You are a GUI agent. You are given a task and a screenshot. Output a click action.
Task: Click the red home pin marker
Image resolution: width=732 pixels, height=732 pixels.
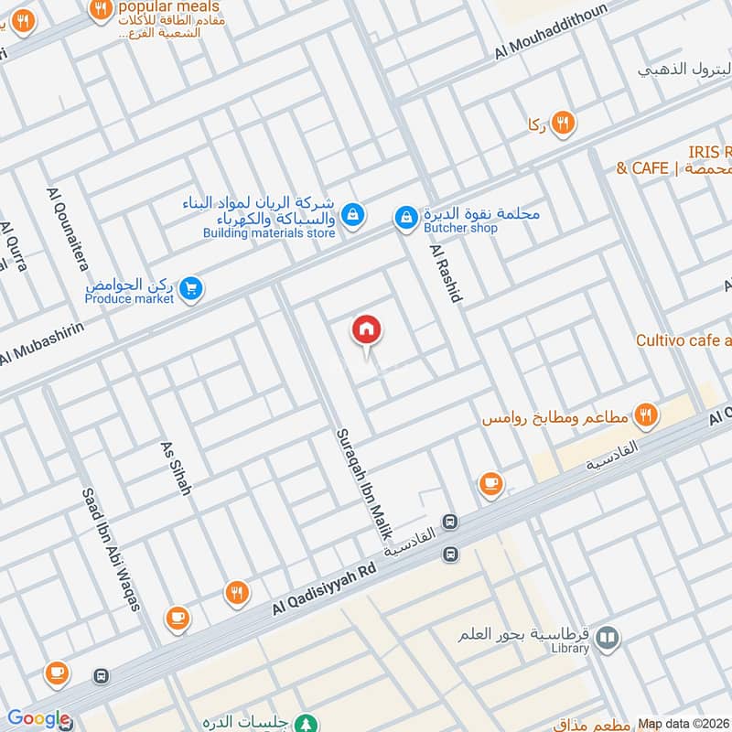367,330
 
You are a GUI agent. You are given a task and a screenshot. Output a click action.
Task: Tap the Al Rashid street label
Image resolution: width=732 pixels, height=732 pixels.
447,272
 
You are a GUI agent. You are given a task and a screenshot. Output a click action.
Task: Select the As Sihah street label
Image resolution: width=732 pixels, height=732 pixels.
175,468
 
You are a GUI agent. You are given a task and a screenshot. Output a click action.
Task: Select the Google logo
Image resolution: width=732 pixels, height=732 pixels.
38,719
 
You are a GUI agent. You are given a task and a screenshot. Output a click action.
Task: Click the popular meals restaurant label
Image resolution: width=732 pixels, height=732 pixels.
156,6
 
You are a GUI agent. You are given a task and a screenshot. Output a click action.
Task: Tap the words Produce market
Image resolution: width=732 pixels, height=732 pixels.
129,299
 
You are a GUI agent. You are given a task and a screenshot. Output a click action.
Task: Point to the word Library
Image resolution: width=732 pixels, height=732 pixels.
569,649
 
